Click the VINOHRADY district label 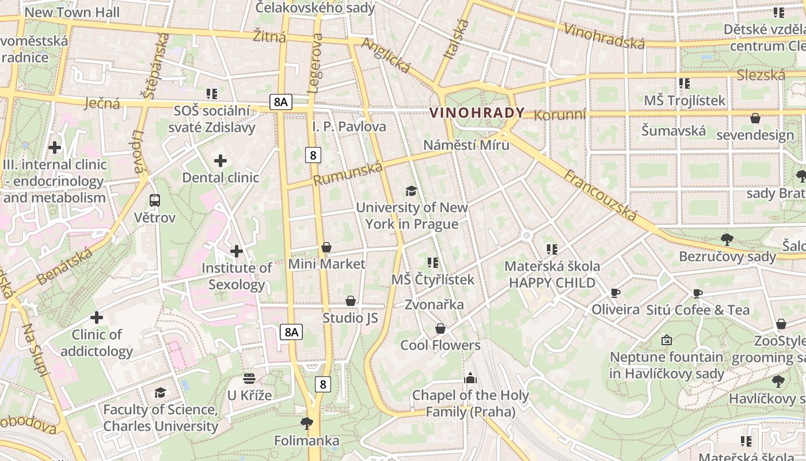[x=477, y=113]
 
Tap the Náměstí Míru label [x=466, y=145]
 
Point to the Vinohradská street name [x=604, y=36]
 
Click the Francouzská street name [x=600, y=195]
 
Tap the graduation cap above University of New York [x=411, y=191]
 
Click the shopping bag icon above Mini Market [x=326, y=247]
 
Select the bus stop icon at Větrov [x=154, y=201]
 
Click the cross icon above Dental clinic [x=220, y=161]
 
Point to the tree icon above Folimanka [x=306, y=424]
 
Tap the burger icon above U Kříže [x=249, y=379]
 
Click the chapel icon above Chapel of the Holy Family [x=470, y=379]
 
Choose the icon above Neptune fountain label [x=667, y=340]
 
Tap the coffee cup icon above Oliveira [x=615, y=293]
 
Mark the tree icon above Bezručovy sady [x=727, y=239]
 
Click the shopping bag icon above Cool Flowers [x=440, y=328]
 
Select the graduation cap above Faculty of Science [x=160, y=392]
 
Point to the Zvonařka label [x=434, y=304]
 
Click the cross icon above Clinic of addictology [x=97, y=318]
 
